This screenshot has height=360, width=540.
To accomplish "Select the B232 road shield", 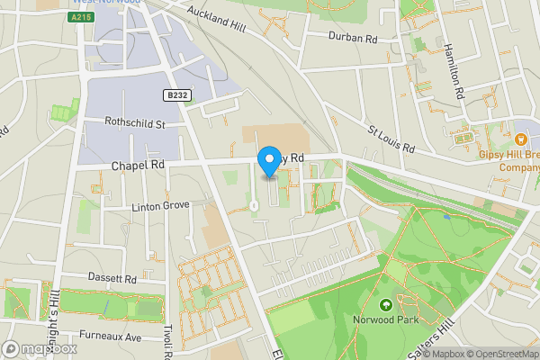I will [x=176, y=94].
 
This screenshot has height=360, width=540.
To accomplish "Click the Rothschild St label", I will [x=135, y=124].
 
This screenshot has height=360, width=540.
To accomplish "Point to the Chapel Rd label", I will [x=138, y=166].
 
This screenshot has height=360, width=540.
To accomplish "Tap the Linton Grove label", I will [x=161, y=205].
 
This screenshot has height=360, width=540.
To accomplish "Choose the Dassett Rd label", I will [x=112, y=279].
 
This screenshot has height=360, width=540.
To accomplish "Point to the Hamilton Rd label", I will [x=453, y=72].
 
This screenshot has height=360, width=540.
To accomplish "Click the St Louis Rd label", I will [x=391, y=138].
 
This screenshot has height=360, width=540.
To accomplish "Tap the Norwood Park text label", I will [x=387, y=319].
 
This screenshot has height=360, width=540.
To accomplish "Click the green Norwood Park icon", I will [x=386, y=305].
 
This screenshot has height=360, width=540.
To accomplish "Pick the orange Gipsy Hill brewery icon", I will [x=521, y=139].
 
